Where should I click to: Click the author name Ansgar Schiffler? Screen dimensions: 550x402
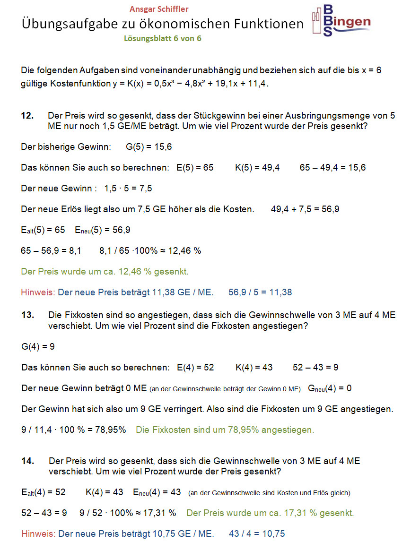[x=159, y=9]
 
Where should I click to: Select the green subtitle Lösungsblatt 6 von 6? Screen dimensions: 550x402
[x=162, y=39]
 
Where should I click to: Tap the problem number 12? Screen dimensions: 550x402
[x=27, y=116]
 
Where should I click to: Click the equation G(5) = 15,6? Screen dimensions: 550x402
[x=149, y=147]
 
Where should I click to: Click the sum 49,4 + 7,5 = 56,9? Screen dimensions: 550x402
[x=305, y=209]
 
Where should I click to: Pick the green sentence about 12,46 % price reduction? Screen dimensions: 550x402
[x=105, y=272]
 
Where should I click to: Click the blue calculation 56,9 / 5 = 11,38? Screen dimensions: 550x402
[x=260, y=292]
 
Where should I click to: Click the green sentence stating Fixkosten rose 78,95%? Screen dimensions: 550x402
[x=225, y=430]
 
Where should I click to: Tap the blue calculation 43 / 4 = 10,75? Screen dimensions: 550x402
[x=257, y=534]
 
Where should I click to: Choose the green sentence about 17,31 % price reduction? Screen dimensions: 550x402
[x=270, y=513]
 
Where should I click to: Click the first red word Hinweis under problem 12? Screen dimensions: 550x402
[x=37, y=292]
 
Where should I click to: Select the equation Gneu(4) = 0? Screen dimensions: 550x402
[x=330, y=388]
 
